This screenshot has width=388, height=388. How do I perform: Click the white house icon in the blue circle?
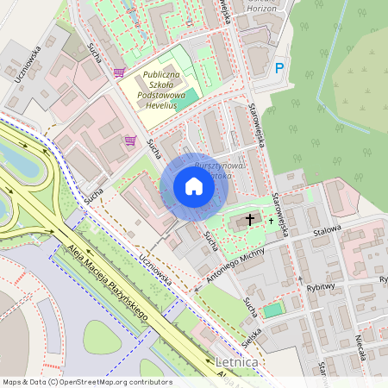(x=194, y=186)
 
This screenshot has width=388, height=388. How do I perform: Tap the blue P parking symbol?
(x=278, y=68)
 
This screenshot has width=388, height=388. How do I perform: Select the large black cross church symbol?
(x=251, y=220)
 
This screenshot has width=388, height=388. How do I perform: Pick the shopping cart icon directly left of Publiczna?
(x=118, y=74)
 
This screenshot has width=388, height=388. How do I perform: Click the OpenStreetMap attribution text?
(x=86, y=382)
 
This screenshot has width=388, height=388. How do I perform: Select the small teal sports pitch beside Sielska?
(x=272, y=310)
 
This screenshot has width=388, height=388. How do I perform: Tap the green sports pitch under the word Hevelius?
(x=184, y=103)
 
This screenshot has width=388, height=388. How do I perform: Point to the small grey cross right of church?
(x=270, y=221)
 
